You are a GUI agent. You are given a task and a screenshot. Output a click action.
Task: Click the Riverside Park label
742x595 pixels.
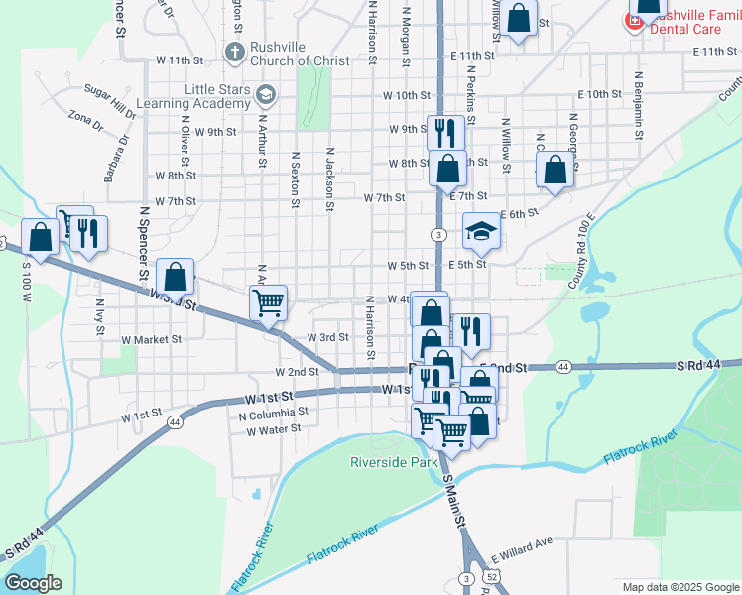[394, 462]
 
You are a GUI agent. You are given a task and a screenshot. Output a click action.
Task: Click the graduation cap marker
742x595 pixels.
[481, 232]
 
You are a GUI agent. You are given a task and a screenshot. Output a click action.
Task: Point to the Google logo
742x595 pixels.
[33, 583]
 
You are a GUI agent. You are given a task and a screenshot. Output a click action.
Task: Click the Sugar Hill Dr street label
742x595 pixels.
[109, 94]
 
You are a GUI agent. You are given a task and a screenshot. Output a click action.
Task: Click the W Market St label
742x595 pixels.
[152, 339]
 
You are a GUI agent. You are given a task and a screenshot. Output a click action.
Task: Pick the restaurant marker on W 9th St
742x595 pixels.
[444, 131]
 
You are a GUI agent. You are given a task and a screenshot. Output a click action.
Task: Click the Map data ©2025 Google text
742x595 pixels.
[680, 587]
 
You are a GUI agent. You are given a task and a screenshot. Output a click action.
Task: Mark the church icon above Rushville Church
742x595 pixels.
[235, 51]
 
